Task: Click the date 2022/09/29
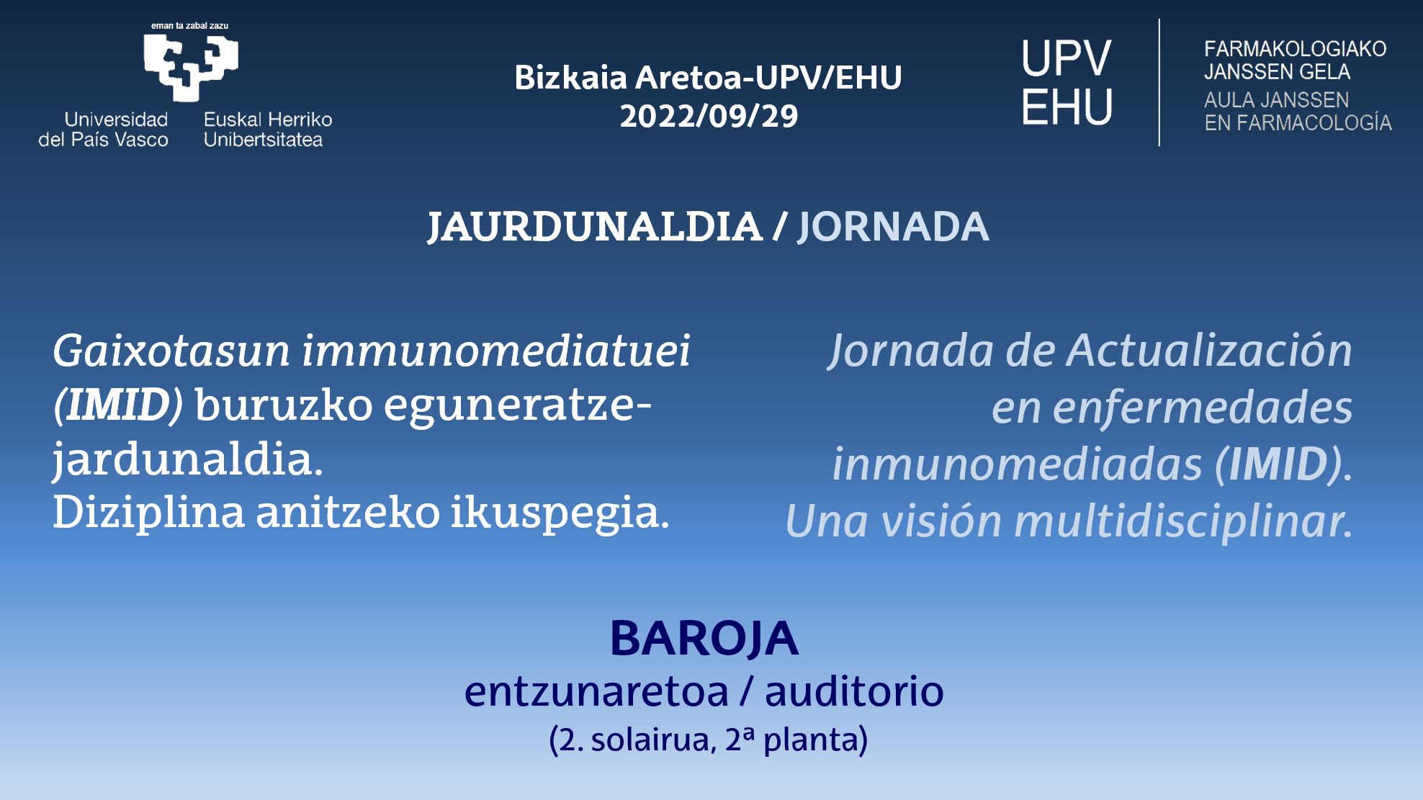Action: pyautogui.click(x=709, y=116)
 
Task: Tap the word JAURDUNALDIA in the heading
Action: pyautogui.click(x=595, y=227)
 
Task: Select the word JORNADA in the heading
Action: pyautogui.click(x=893, y=227)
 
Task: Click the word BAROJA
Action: pyautogui.click(x=704, y=639)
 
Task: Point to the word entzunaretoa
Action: pyautogui.click(x=597, y=691)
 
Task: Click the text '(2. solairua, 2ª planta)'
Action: pyautogui.click(x=708, y=740)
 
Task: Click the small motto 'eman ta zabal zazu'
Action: pyautogui.click(x=189, y=26)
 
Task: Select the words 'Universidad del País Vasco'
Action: pyautogui.click(x=103, y=130)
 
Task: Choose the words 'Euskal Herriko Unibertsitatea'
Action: pyautogui.click(x=268, y=130)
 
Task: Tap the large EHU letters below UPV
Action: pyautogui.click(x=1067, y=106)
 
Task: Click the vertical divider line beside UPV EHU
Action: pyautogui.click(x=1159, y=82)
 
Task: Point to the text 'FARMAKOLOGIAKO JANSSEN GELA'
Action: pyautogui.click(x=1296, y=60)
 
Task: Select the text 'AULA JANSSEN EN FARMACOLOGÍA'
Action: pyautogui.click(x=1298, y=112)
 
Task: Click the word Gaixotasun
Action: pyautogui.click(x=171, y=351)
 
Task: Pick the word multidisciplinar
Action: pyautogui.click(x=1183, y=521)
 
